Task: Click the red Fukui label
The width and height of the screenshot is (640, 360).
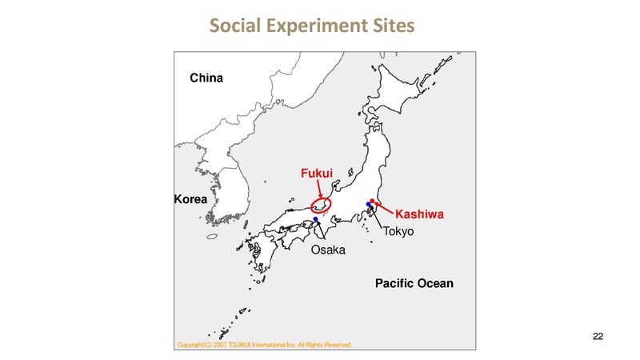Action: [315, 172]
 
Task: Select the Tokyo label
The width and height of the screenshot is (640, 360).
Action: [398, 232]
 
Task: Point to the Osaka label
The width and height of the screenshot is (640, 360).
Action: [327, 250]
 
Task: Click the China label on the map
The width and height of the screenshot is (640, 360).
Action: [206, 78]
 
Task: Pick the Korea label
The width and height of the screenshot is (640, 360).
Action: [190, 198]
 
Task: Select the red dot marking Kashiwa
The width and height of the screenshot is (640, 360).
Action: [372, 201]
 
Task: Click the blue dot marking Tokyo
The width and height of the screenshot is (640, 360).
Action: [368, 206]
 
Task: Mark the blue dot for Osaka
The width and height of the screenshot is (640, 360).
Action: [316, 219]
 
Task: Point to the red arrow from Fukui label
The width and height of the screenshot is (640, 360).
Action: [321, 190]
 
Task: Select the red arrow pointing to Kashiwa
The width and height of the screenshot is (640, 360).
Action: [385, 208]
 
